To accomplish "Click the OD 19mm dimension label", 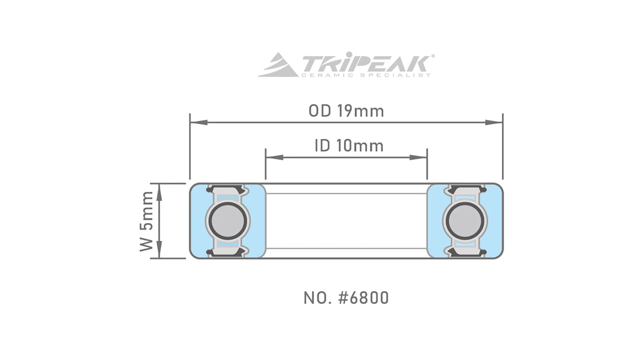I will click(346, 111).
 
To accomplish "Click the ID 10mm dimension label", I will click(349, 146).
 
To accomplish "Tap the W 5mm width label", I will click(147, 221).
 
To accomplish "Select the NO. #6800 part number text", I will click(346, 298).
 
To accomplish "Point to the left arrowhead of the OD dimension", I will click(198, 122).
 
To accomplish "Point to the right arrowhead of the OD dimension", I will click(494, 122).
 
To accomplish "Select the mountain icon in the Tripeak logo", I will click(278, 65).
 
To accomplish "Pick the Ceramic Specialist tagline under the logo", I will click(365, 75).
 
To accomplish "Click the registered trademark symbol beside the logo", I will click(433, 56).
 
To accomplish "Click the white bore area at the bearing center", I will click(346, 221).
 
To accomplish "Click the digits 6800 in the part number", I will click(369, 298).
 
